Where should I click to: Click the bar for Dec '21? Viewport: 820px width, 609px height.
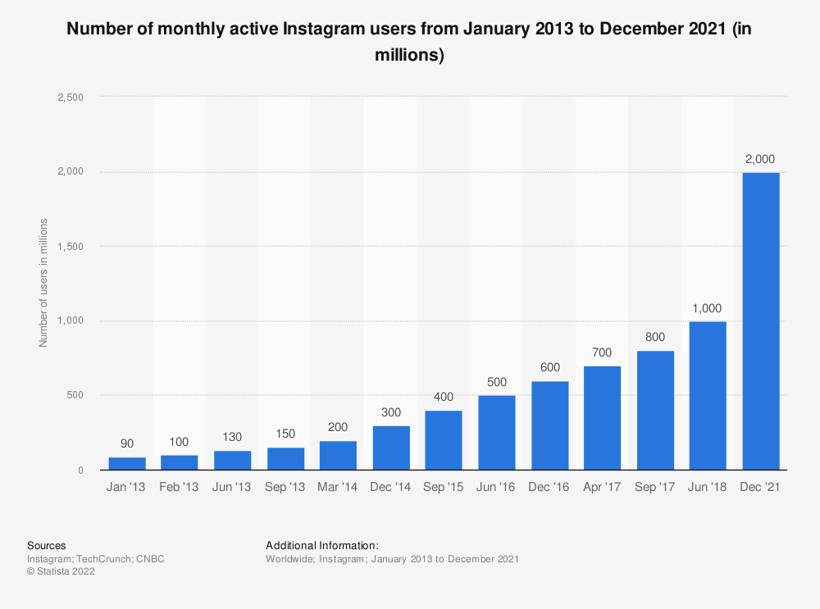click(x=761, y=321)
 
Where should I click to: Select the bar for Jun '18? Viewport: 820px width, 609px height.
click(x=708, y=396)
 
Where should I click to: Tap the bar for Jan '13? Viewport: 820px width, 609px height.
click(x=127, y=463)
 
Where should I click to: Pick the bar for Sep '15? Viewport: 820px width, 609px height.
click(x=444, y=440)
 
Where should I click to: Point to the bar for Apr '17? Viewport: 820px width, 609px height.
click(x=602, y=418)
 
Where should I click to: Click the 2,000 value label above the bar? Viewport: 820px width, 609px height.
click(x=761, y=159)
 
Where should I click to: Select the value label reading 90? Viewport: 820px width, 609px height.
click(x=127, y=443)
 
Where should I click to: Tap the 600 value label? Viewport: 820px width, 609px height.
click(x=549, y=368)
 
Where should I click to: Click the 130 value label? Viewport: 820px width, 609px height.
click(x=233, y=438)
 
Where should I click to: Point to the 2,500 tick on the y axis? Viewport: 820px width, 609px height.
click(x=70, y=97)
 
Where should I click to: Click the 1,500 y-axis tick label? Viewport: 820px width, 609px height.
click(x=70, y=247)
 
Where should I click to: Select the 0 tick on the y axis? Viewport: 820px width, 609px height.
click(x=80, y=470)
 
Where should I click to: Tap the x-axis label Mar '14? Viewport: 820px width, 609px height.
click(x=338, y=488)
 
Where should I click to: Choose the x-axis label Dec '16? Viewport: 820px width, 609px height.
click(x=549, y=488)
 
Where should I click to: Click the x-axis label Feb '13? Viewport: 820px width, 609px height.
click(x=180, y=488)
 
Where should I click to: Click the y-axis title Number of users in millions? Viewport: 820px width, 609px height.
click(x=43, y=283)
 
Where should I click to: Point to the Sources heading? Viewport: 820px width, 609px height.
click(x=47, y=545)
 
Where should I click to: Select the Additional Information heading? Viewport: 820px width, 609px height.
click(x=322, y=545)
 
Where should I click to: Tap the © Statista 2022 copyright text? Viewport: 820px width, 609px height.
click(x=61, y=572)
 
